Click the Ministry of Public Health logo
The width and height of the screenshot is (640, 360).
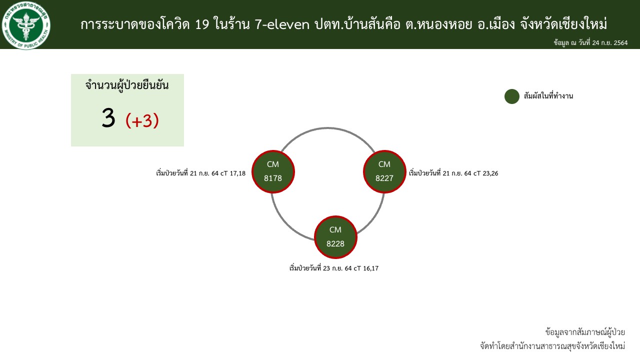tap(26, 25)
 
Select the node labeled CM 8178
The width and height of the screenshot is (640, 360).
tap(273, 171)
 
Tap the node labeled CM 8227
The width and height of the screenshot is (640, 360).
tap(384, 171)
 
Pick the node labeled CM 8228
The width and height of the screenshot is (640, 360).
tap(335, 237)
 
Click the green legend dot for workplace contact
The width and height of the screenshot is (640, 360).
tap(511, 96)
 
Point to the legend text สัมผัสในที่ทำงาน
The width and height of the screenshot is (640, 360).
tap(548, 96)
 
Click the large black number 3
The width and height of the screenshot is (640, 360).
tap(108, 117)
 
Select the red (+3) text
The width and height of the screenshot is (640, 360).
tap(142, 120)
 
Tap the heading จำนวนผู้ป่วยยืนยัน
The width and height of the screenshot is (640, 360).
tap(127, 85)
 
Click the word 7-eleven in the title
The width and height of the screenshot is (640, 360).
tap(282, 24)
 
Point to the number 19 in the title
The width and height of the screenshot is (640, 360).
tap(202, 24)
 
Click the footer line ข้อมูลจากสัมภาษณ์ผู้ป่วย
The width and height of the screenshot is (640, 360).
tap(585, 332)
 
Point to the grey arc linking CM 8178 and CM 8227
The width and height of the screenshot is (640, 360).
tap(327, 128)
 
